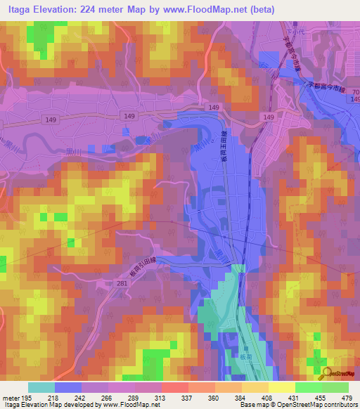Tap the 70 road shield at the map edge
(x=355, y=93)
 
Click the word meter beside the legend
(x=11, y=397)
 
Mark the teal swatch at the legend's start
(x=41, y=387)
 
